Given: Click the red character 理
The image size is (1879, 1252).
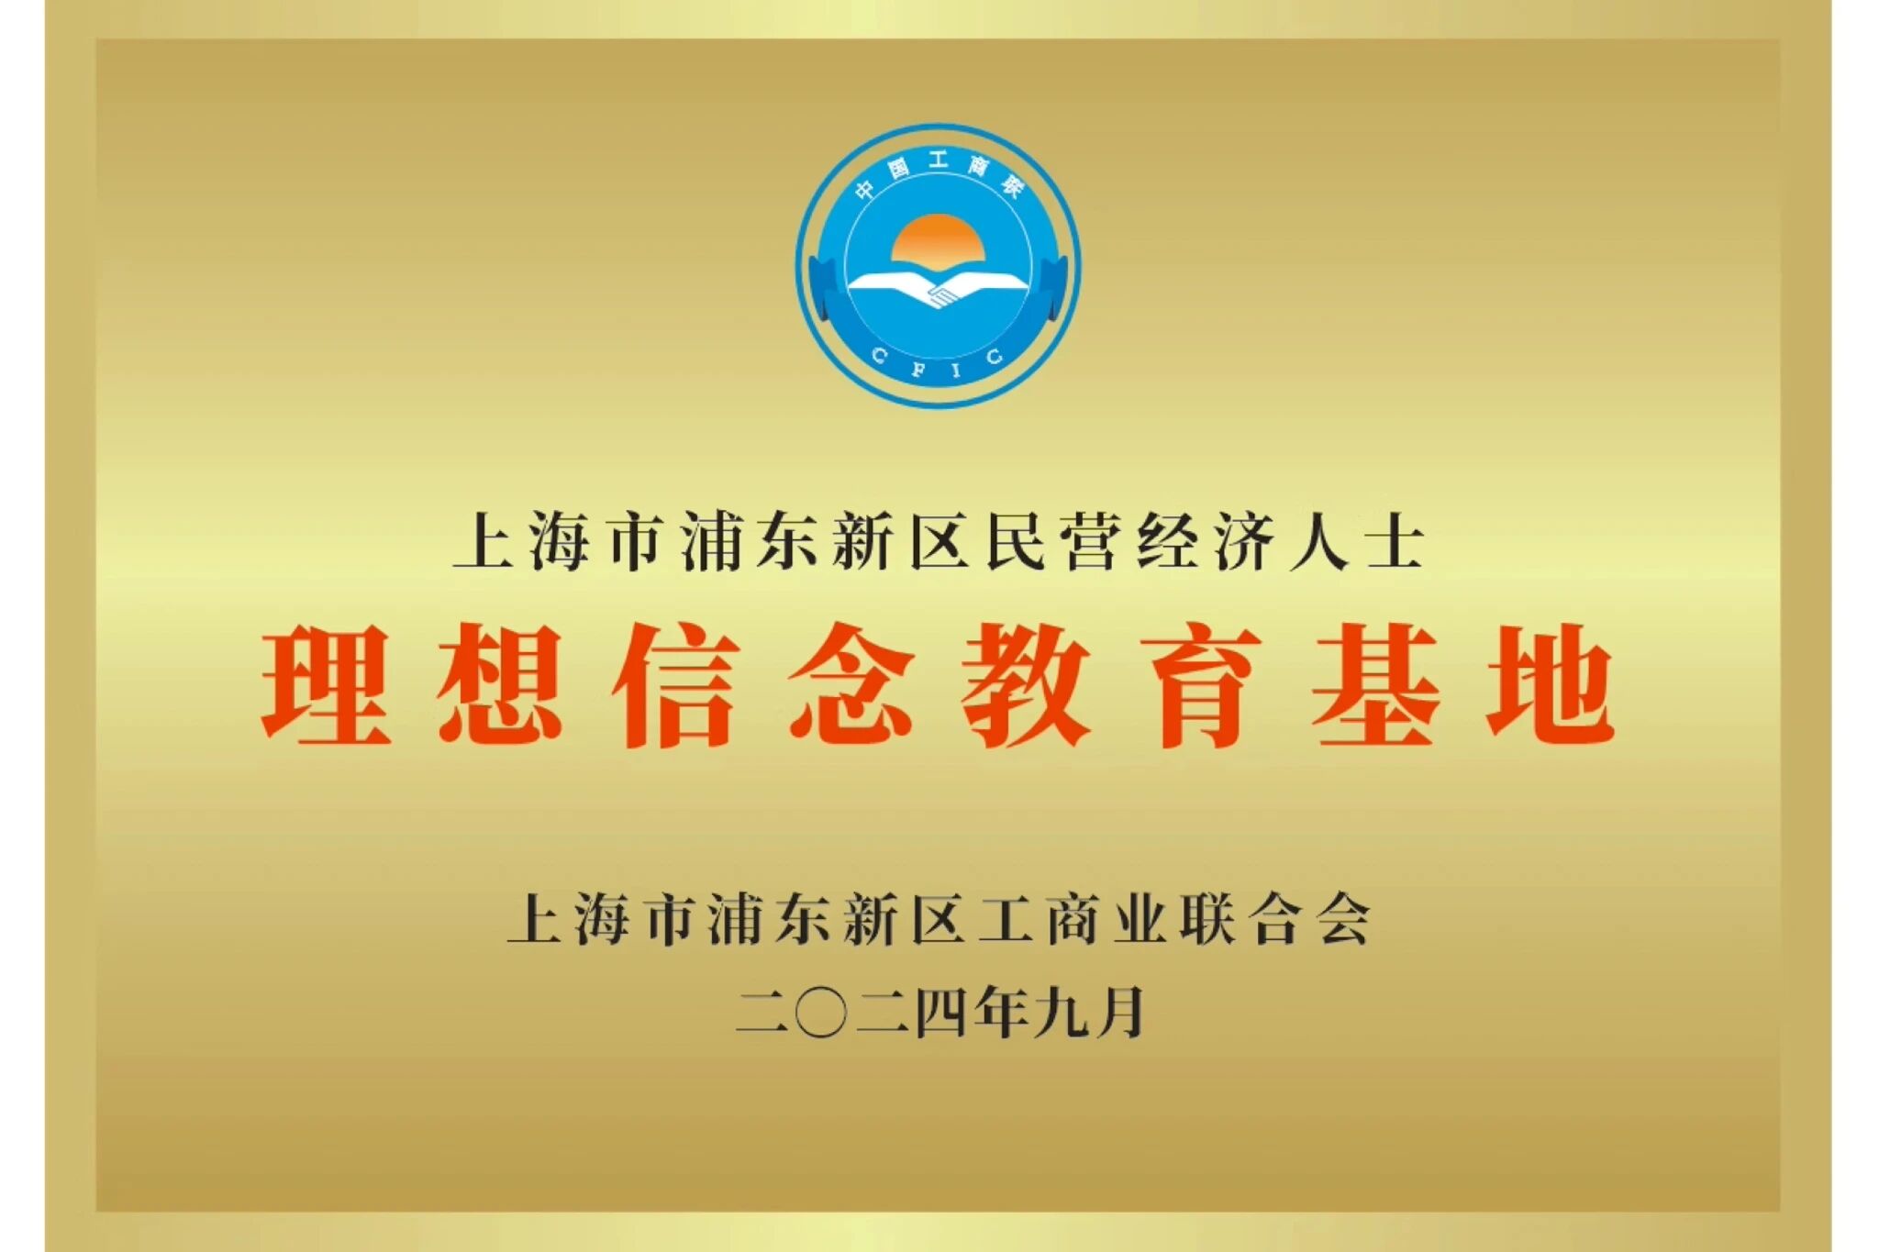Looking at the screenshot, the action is coord(327,683).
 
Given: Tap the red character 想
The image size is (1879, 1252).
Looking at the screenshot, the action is coord(500,683).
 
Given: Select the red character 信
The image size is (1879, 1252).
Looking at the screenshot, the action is coord(676,684).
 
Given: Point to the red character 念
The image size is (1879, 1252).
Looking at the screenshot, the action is coord(851,683).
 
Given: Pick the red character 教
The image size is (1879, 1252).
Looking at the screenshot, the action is coord(1026,684).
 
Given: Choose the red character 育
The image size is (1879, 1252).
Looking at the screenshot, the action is coord(1201,684).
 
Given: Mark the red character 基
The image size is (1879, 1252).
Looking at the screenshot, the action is coord(1375,684).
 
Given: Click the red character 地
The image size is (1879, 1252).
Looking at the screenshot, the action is coord(1551,683).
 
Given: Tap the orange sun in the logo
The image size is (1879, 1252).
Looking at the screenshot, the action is coord(938,239).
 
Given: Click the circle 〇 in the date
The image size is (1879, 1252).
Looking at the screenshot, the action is coord(821,1013).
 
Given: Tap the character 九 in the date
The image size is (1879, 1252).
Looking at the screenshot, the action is coord(1062,1012).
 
